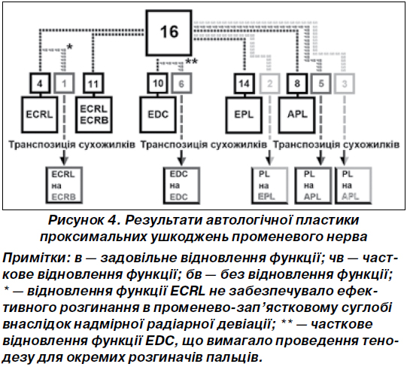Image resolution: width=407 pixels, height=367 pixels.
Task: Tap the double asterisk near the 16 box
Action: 192,62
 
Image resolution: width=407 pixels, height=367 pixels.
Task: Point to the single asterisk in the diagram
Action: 69,47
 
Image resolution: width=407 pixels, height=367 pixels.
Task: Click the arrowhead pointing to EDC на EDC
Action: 181,161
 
